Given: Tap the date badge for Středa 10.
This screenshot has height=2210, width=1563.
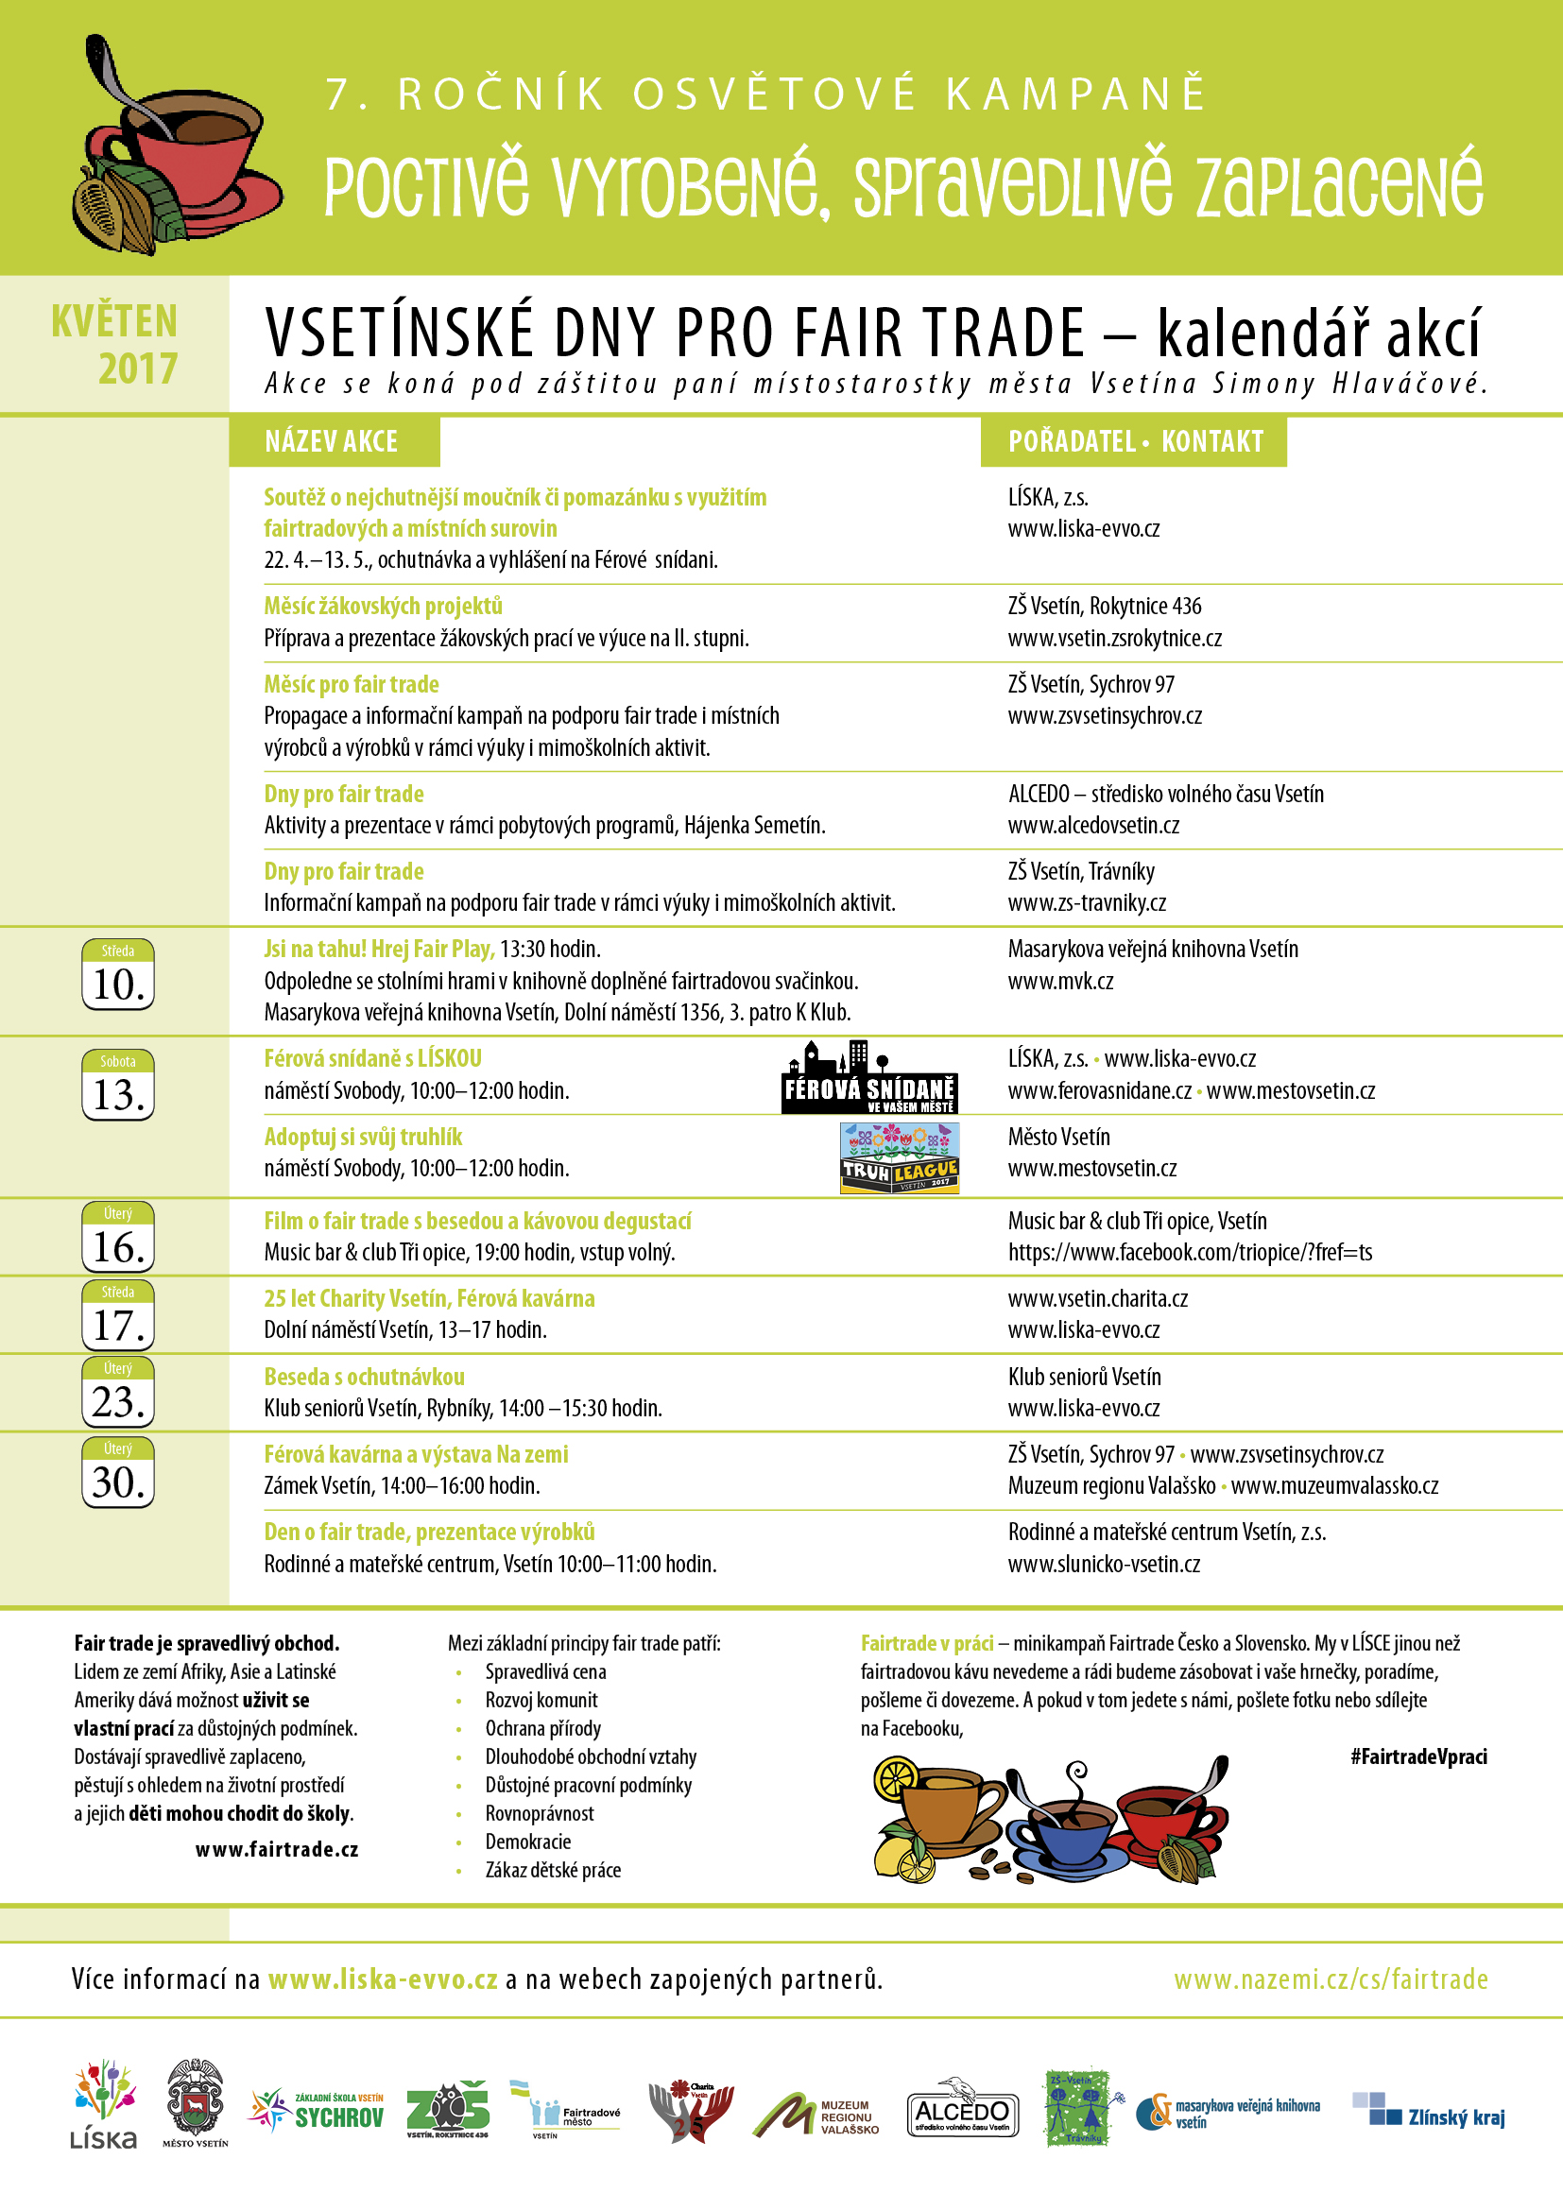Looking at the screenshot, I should pyautogui.click(x=117, y=974).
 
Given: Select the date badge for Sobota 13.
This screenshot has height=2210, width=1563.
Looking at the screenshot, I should pyautogui.click(x=117, y=1085).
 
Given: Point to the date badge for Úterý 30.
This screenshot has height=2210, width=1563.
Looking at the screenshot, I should pyautogui.click(x=117, y=1472).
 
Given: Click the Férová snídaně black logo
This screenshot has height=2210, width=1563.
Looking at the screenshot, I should pyautogui.click(x=869, y=1079).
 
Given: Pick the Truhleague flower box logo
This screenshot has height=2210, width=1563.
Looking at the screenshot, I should pyautogui.click(x=900, y=1159).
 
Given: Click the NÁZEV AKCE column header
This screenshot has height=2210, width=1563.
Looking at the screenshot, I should pyautogui.click(x=331, y=442).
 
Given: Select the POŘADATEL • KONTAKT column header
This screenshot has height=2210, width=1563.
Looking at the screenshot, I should pyautogui.click(x=1135, y=442).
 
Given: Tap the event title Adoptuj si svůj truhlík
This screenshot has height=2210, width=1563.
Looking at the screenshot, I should pyautogui.click(x=363, y=1137).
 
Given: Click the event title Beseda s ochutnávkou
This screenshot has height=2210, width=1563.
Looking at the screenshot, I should pyautogui.click(x=364, y=1377).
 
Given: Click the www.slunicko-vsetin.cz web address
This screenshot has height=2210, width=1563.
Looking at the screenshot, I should pyautogui.click(x=1104, y=1564).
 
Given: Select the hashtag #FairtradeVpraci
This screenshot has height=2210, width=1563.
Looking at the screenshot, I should pyautogui.click(x=1418, y=1756).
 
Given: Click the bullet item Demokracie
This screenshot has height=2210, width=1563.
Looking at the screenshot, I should pyautogui.click(x=527, y=1842).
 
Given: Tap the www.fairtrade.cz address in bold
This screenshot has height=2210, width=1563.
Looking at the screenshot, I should pyautogui.click(x=276, y=1850).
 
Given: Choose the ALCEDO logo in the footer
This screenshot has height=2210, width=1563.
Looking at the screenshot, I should pyautogui.click(x=961, y=2113).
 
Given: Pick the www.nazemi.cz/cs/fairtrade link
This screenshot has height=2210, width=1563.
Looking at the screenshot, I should pyautogui.click(x=1331, y=1980).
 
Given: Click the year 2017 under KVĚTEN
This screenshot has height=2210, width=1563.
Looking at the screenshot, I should pyautogui.click(x=138, y=368).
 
